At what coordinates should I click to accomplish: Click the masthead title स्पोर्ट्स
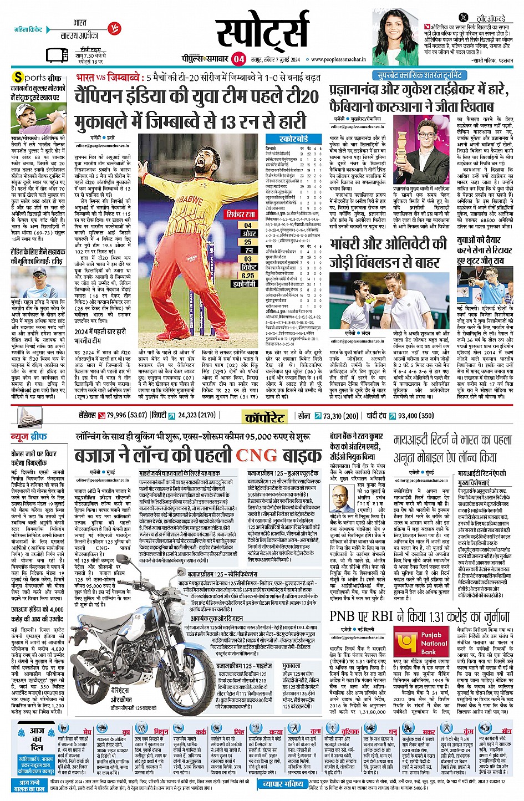coord(262,34)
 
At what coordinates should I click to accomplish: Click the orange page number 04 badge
coord(238,59)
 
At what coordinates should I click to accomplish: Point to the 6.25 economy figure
coord(248,275)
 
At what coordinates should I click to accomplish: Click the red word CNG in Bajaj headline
coord(256,456)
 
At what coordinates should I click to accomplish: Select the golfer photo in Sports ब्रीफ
coord(38,119)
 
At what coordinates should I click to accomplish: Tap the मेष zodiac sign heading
coord(87,732)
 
